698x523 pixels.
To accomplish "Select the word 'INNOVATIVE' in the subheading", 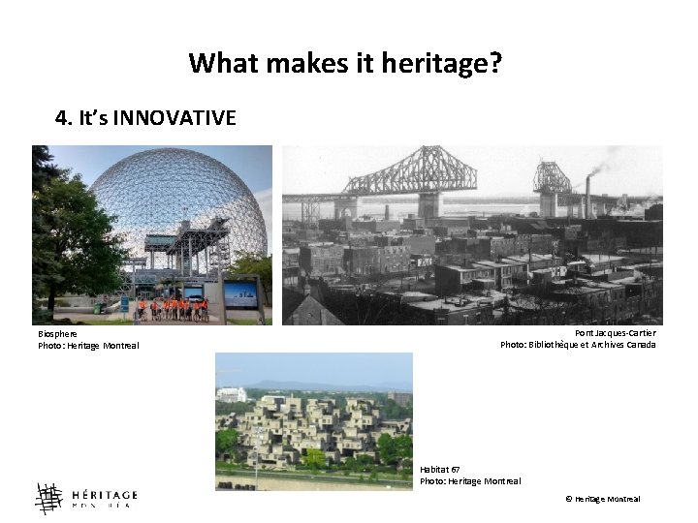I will (x=174, y=118).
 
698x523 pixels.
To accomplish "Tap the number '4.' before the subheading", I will (x=65, y=118).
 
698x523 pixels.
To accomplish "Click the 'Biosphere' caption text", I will (x=58, y=333).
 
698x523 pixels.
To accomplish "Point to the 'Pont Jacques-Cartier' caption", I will (x=615, y=333).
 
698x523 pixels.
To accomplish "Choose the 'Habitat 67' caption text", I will (x=440, y=469).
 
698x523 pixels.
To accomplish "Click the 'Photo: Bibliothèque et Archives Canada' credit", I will (x=578, y=345).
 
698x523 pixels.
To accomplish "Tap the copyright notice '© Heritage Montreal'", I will (x=602, y=499).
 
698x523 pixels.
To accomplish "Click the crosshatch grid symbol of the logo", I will (x=48, y=498).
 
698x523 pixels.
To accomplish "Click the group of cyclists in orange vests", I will (x=172, y=309).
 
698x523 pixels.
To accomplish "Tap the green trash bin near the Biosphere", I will (x=124, y=306).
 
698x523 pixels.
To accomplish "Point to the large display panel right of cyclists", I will (x=240, y=294).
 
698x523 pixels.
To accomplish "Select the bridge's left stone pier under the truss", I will (x=345, y=207).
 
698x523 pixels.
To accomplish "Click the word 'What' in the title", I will (x=220, y=64).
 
